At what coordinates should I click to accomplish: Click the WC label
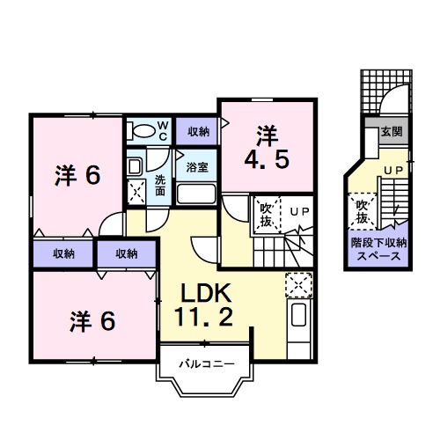coord(163,130)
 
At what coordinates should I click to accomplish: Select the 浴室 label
coord(197,165)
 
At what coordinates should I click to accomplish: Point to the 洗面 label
coord(160,185)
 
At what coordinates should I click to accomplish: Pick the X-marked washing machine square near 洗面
coord(136,192)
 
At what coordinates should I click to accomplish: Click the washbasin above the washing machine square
coord(135,165)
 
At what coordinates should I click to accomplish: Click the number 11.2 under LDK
coord(206,318)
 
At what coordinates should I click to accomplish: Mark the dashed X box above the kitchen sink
coord(299,284)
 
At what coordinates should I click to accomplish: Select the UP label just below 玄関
coord(392,168)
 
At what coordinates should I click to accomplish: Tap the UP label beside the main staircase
coord(299,211)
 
